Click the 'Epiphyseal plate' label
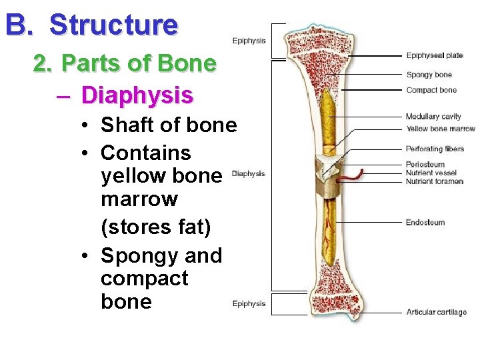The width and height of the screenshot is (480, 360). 434,55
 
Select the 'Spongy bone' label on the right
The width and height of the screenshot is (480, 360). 429,75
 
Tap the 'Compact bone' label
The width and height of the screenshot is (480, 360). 431,90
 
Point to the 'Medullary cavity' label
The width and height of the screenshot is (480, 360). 433,117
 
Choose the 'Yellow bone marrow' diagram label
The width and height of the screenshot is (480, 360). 440,129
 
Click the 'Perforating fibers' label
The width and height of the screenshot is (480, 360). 434,149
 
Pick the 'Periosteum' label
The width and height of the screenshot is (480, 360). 425,165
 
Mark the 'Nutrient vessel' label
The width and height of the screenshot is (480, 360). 431,173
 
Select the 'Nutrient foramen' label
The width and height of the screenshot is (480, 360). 434,181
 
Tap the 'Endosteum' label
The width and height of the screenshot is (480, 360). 425,223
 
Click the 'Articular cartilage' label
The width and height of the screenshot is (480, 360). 436,312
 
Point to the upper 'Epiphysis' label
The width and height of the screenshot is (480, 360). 249,41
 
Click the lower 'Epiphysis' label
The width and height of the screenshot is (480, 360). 249,304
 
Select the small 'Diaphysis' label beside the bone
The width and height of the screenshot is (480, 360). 248,174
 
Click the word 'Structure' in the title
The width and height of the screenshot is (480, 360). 113,25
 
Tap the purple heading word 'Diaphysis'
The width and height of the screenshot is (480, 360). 137,95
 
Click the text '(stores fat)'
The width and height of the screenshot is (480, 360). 155,227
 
